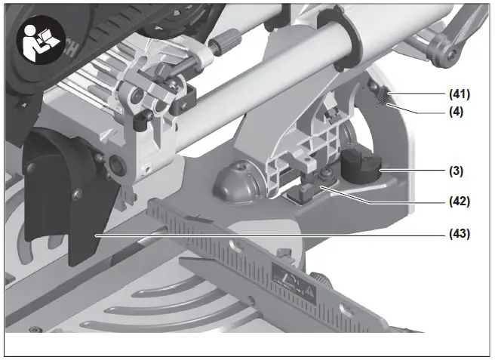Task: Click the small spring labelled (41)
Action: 381,96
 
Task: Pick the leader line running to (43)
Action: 264,235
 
